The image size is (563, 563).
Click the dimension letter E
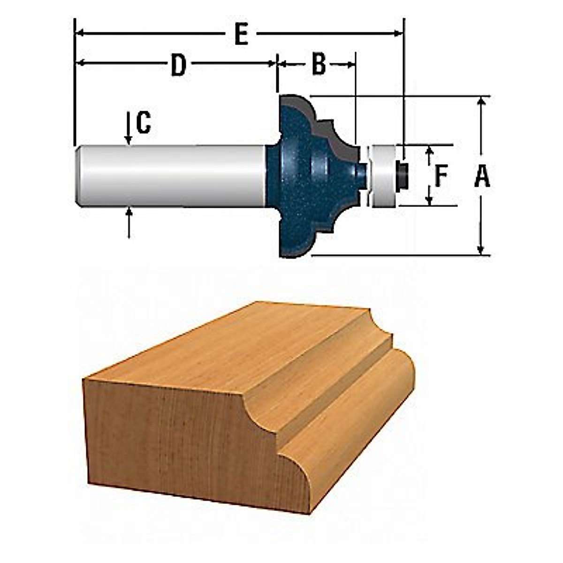[241, 34]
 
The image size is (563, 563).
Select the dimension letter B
[319, 64]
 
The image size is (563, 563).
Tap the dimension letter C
[144, 122]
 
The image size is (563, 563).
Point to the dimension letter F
[441, 176]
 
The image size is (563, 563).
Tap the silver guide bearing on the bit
[383, 176]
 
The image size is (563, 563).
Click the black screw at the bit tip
[402, 176]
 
